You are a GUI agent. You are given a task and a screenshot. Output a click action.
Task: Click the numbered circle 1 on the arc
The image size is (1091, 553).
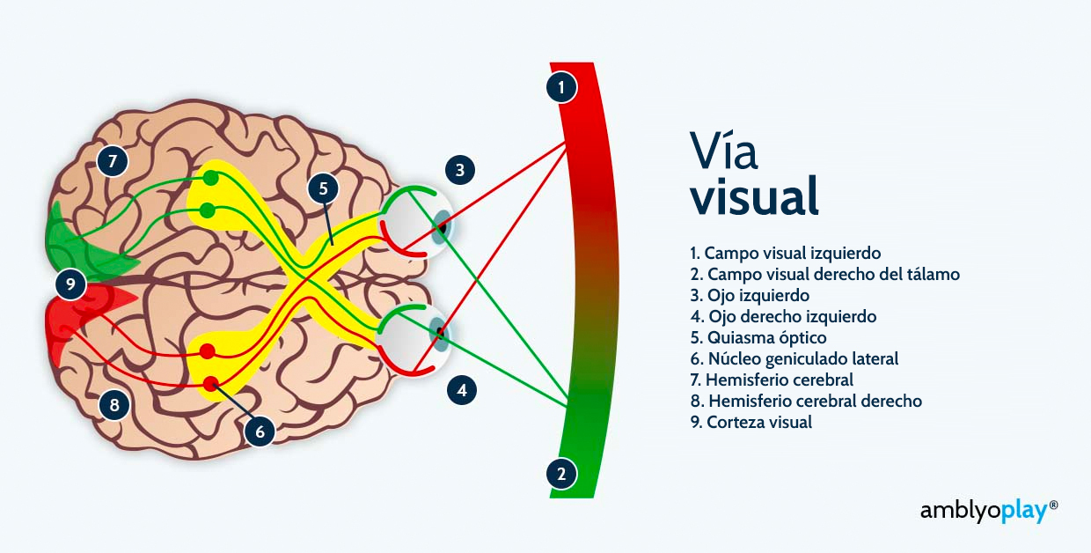561,87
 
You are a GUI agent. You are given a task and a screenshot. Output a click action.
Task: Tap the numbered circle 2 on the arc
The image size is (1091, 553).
561,474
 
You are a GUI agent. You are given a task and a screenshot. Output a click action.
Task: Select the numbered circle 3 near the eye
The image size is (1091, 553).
460,170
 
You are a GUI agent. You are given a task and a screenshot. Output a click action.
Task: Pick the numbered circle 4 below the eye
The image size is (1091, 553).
462,390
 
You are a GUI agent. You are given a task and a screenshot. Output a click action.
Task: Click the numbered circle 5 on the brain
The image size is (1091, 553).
324,188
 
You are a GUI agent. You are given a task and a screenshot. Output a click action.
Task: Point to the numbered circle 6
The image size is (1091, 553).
260,431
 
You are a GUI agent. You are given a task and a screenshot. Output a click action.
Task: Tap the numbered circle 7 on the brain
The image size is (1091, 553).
113,161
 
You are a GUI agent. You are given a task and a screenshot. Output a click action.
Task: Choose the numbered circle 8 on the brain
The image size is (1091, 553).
114,405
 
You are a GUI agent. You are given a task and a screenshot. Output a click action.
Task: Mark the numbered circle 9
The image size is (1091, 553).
70,284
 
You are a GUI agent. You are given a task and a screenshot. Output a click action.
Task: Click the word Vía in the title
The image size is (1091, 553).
723,150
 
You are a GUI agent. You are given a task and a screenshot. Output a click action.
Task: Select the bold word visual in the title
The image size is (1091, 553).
754,196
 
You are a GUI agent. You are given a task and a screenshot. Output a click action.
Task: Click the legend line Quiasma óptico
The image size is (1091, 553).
758,337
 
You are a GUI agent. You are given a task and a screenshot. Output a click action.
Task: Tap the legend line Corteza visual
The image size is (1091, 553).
751,422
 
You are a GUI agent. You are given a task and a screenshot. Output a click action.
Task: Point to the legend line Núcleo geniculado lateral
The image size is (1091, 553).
794,359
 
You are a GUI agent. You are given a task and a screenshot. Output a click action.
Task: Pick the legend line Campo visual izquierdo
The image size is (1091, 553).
785,253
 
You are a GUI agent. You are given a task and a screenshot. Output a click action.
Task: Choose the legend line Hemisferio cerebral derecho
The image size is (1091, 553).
806,401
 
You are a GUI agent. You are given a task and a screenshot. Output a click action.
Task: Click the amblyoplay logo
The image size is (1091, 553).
989,512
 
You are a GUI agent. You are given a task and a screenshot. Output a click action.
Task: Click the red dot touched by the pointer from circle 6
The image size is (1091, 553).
210,384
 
